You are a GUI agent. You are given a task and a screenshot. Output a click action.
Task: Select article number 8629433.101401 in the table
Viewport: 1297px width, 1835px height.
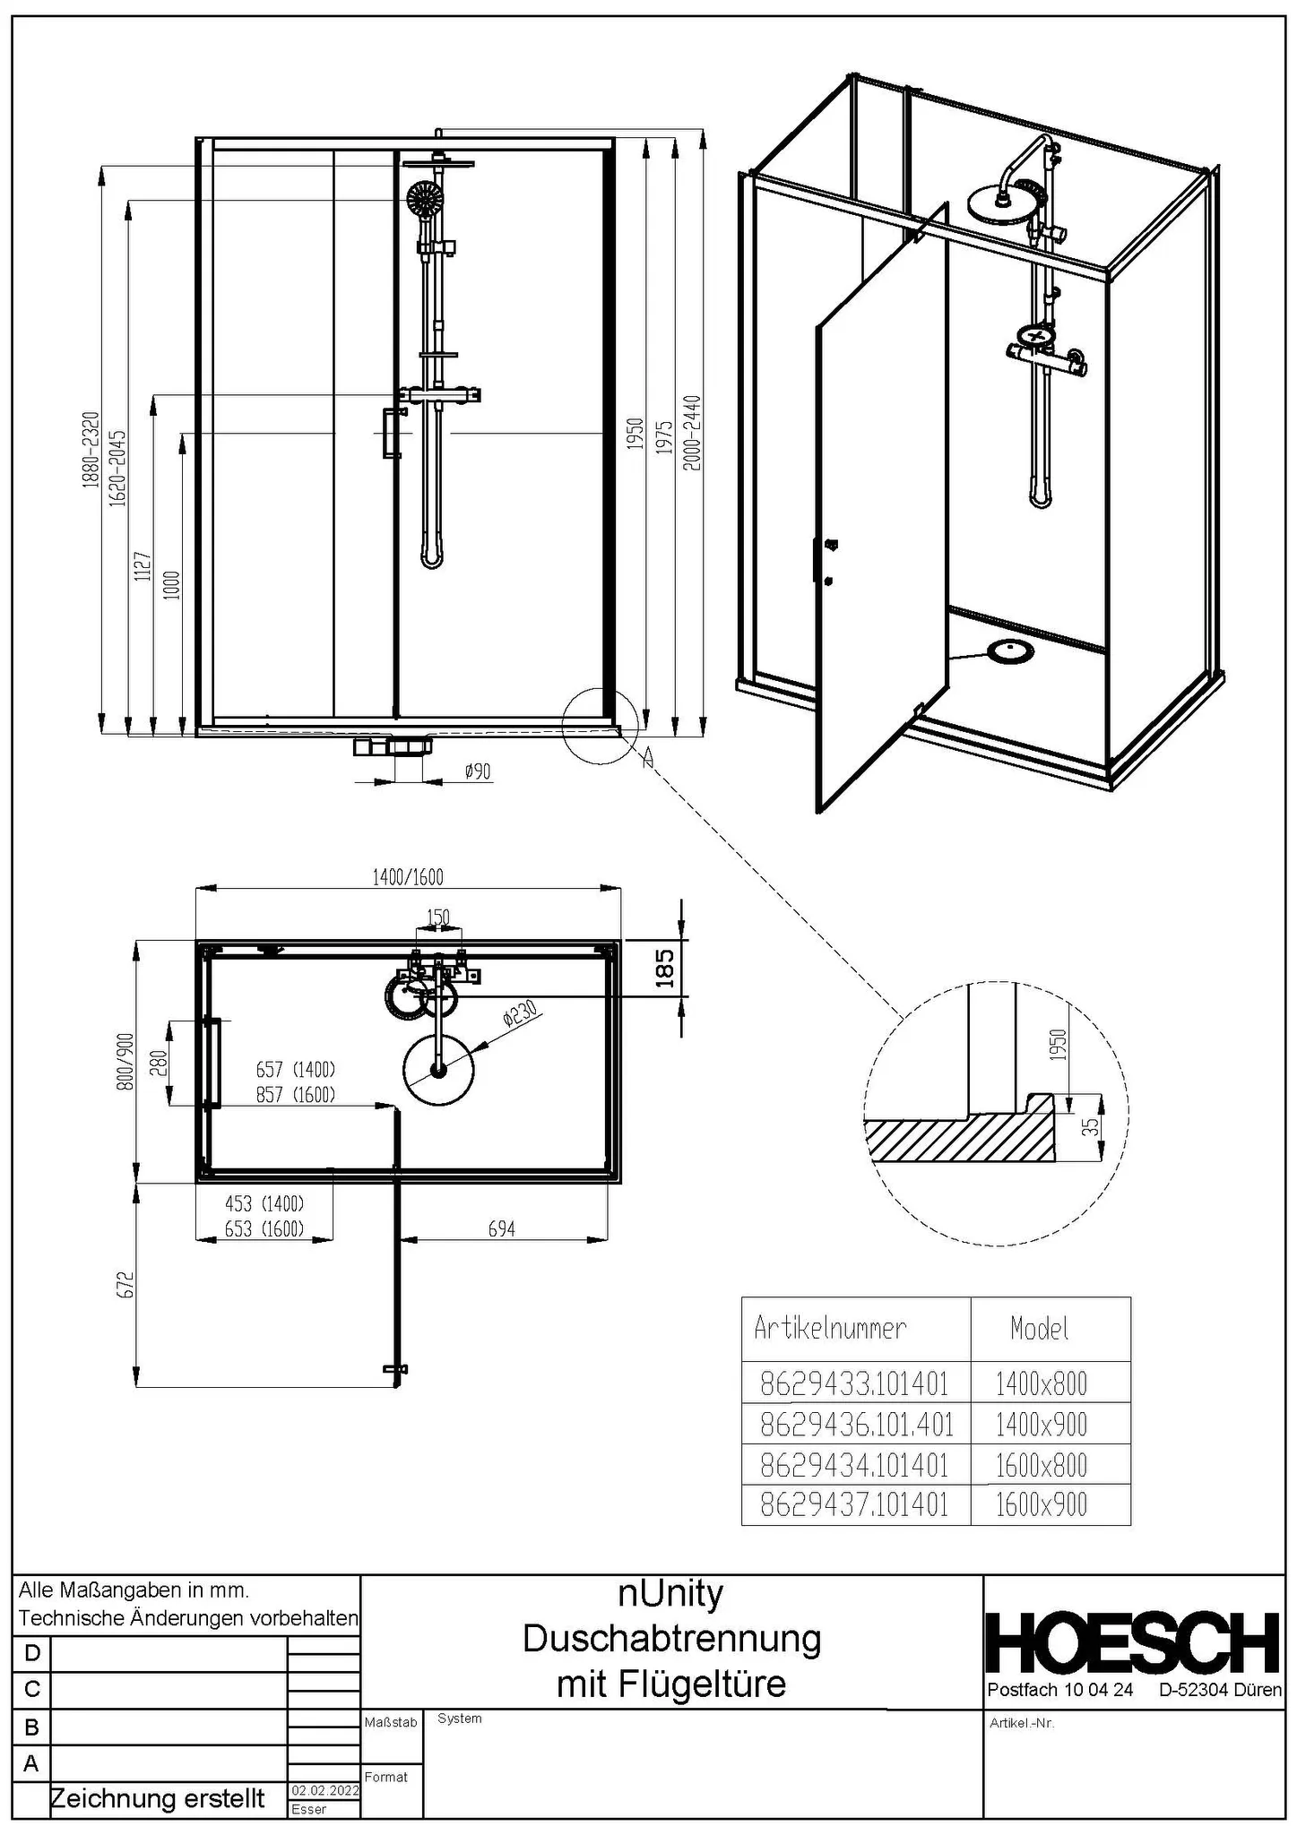pos(854,1383)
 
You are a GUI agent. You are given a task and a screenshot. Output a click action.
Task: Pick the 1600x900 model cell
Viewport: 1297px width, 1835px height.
pos(1041,1505)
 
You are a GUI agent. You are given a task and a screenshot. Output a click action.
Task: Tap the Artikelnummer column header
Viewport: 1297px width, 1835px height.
pos(830,1328)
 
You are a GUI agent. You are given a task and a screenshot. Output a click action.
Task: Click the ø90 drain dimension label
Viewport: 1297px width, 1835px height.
pos(478,771)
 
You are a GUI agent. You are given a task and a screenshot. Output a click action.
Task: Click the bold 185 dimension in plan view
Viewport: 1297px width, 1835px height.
pos(664,968)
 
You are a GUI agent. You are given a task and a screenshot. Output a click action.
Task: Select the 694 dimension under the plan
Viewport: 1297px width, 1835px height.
pos(501,1228)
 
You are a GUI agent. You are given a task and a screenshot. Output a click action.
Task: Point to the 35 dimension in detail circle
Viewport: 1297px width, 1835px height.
pos(1089,1126)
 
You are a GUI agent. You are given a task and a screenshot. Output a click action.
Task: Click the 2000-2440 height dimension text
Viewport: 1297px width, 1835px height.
pos(692,432)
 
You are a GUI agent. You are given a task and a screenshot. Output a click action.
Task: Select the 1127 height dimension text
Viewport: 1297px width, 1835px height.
pos(143,567)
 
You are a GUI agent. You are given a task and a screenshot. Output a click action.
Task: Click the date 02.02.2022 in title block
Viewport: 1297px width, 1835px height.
pos(324,1790)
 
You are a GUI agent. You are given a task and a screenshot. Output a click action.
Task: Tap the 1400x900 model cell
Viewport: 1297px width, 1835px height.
pos(1041,1424)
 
